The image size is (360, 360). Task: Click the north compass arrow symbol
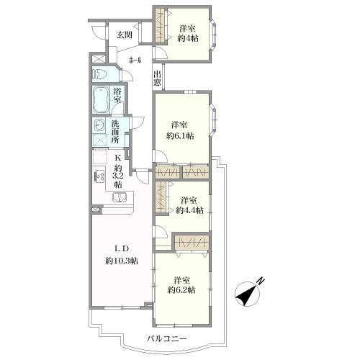click(x=249, y=292)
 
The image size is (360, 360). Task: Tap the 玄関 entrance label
click(x=124, y=34)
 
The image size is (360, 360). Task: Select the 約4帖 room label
click(x=189, y=33)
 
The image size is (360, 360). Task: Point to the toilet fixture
click(x=100, y=74)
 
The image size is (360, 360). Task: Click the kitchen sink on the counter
click(x=120, y=197)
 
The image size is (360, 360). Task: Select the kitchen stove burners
click(x=98, y=176)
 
